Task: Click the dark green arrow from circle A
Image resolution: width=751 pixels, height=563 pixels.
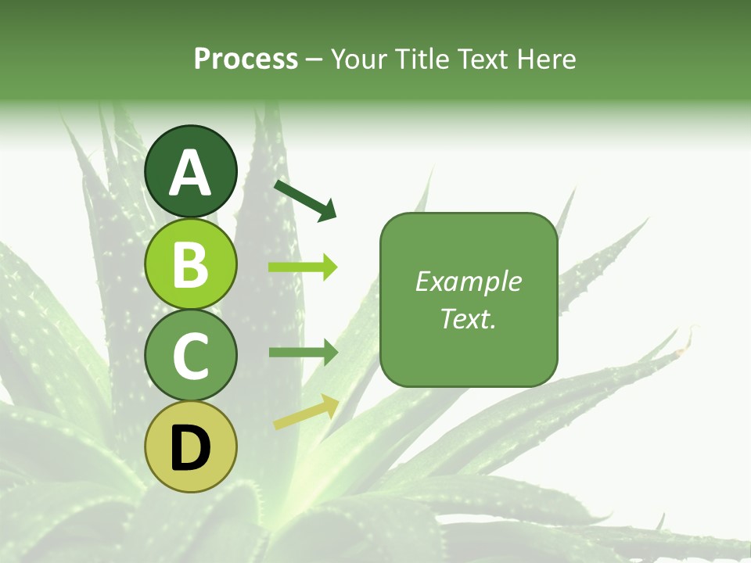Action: (305, 200)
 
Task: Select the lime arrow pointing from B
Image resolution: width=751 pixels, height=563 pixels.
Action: (303, 267)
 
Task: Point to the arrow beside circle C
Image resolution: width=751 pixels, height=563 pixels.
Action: (303, 352)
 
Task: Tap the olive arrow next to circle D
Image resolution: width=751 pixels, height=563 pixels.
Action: (306, 413)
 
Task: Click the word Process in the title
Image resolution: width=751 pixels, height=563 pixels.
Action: (246, 59)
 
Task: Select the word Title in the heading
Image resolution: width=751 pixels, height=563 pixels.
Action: (423, 59)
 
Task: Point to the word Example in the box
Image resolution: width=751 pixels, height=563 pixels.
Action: (469, 281)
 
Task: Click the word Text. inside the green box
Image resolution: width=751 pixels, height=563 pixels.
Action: (469, 318)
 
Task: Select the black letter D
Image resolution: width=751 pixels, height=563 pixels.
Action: (190, 448)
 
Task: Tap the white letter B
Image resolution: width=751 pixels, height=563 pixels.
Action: (190, 264)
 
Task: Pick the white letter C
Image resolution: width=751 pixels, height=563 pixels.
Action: (190, 356)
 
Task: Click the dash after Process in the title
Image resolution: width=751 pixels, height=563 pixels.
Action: (314, 60)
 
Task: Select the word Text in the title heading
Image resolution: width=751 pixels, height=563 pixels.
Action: (482, 59)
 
